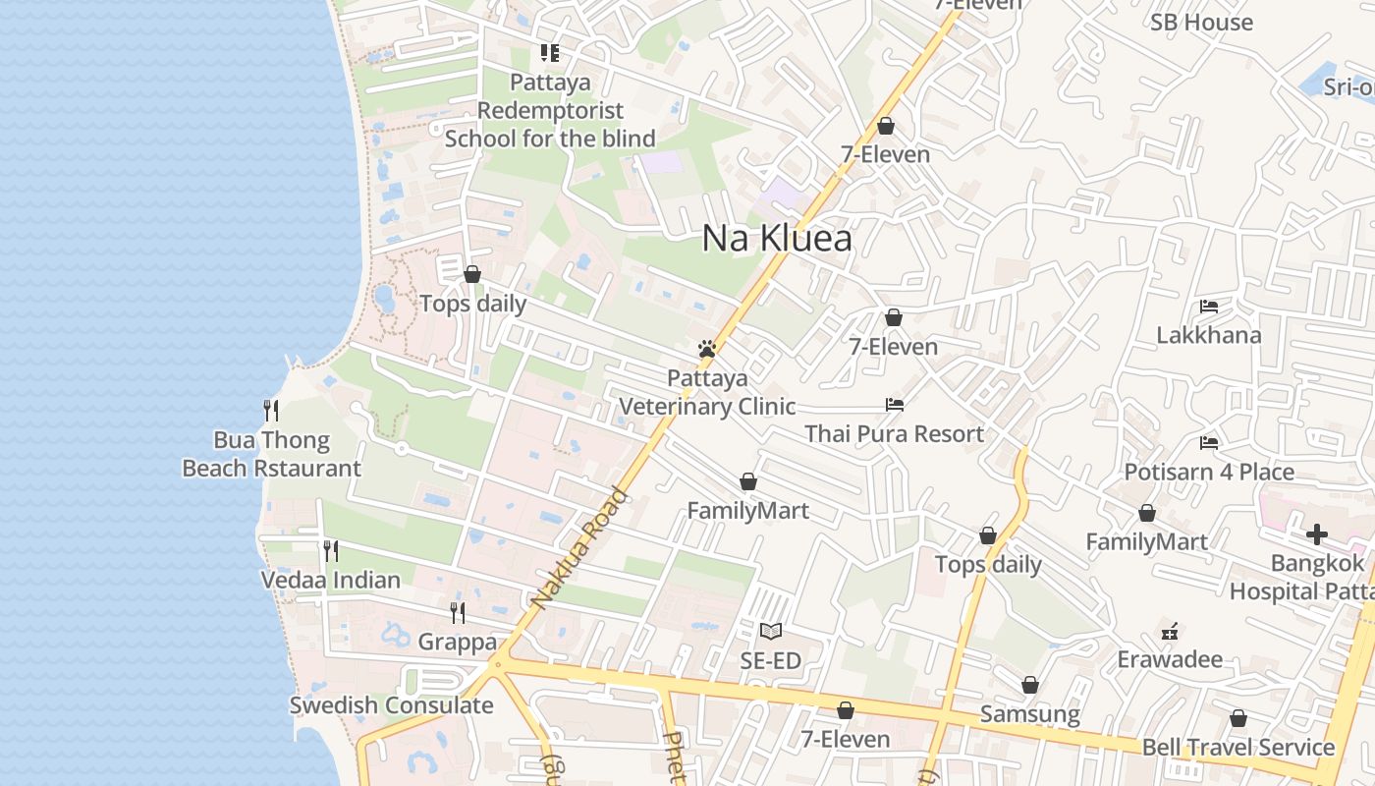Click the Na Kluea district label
tap(777, 239)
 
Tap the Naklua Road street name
tap(578, 548)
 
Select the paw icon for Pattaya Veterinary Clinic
tap(706, 349)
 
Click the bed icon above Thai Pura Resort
tap(894, 404)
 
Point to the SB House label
tap(1201, 23)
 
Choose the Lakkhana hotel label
tap(1208, 335)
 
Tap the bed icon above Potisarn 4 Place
tap(1208, 443)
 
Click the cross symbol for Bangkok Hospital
tap(1316, 534)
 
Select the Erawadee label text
tap(1170, 659)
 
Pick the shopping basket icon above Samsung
tap(1030, 685)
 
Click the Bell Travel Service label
tap(1237, 748)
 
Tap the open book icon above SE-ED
tap(771, 631)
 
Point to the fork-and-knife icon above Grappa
tap(457, 613)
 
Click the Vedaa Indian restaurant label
tap(331, 580)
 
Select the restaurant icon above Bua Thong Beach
tap(271, 410)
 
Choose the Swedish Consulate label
tap(391, 705)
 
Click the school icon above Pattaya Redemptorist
tap(549, 53)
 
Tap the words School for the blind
tap(550, 139)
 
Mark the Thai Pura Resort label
tap(894, 434)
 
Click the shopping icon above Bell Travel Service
tap(1237, 718)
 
